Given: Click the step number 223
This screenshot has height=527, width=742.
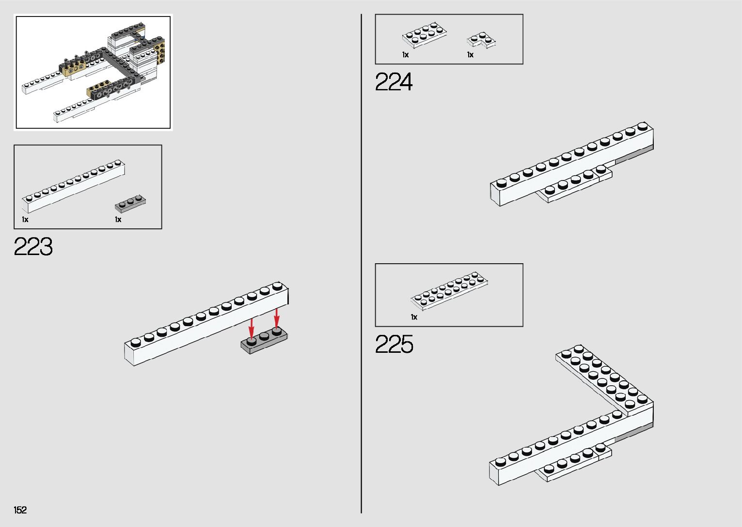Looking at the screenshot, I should [33, 247].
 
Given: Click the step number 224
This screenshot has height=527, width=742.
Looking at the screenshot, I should [394, 82].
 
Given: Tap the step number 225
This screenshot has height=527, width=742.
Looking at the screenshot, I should [394, 345].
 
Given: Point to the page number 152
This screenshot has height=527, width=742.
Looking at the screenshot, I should [20, 510].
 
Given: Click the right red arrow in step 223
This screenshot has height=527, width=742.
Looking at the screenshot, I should [277, 318].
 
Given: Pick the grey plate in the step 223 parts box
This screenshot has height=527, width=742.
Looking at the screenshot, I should [130, 203].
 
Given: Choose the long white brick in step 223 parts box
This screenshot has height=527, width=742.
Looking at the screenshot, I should [73, 186].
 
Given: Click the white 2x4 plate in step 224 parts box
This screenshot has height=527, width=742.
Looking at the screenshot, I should [424, 35].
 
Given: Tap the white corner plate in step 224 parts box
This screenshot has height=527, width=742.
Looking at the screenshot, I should [481, 40].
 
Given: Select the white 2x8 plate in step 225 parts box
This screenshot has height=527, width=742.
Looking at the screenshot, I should [449, 290].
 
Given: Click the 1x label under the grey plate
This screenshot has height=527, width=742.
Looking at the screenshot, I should [118, 220].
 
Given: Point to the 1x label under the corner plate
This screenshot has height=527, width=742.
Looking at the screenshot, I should [470, 55].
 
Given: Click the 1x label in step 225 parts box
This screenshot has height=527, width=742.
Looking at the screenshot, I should [414, 317].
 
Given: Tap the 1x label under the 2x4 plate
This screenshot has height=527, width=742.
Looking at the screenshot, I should [405, 55].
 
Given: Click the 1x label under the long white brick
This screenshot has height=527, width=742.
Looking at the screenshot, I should [25, 220].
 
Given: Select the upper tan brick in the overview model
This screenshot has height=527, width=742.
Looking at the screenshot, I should [74, 70].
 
